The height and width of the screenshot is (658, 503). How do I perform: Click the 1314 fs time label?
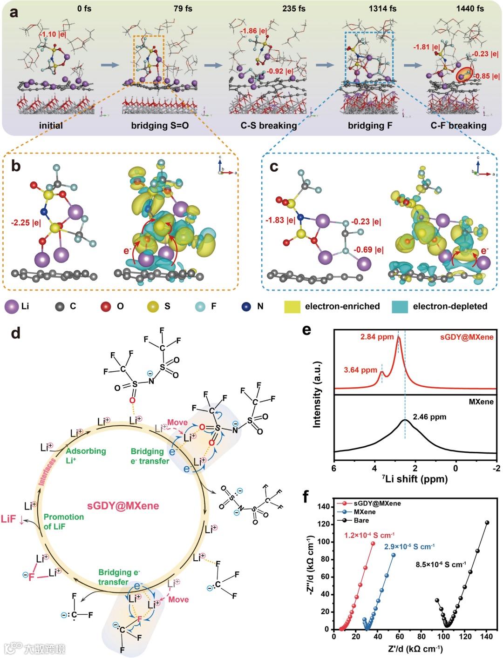pyautogui.click(x=382, y=8)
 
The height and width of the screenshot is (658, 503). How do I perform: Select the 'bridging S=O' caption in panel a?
pyautogui.click(x=160, y=126)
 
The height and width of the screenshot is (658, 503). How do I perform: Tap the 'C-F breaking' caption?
pyautogui.click(x=458, y=126)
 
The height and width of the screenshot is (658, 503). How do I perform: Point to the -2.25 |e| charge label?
pyautogui.click(x=26, y=222)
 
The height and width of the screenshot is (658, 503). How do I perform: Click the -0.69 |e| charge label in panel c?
pyautogui.click(x=368, y=250)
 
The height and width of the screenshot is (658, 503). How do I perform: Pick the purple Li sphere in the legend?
pyautogui.click(x=11, y=306)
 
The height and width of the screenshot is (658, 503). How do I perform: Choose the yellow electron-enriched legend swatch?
pyautogui.click(x=292, y=306)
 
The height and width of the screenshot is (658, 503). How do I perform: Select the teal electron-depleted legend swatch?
pyautogui.click(x=400, y=306)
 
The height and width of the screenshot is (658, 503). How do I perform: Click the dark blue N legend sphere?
pyautogui.click(x=246, y=306)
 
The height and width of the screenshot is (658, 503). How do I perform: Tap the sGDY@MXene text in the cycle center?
pyautogui.click(x=123, y=506)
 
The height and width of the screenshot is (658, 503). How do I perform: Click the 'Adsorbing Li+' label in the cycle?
pyautogui.click(x=86, y=455)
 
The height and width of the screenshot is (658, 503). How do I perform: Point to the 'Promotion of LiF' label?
pyautogui.click(x=64, y=521)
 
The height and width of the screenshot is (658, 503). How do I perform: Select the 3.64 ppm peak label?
pyautogui.click(x=360, y=370)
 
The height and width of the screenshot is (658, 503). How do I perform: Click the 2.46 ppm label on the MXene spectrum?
pyautogui.click(x=429, y=417)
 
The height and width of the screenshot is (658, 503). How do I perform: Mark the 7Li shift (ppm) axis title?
pyautogui.click(x=415, y=479)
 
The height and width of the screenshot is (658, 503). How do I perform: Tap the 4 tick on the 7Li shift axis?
pyautogui.click(x=374, y=468)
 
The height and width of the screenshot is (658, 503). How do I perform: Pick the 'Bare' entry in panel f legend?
pyautogui.click(x=361, y=520)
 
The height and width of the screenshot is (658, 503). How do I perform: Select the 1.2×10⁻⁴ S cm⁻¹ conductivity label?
pyautogui.click(x=369, y=535)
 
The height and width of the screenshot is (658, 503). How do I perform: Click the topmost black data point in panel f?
pyautogui.click(x=487, y=523)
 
